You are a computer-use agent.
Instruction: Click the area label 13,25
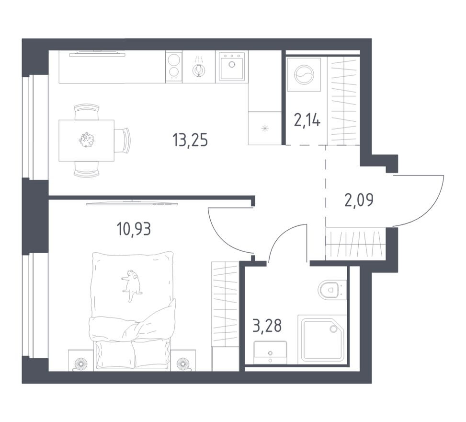[x=190, y=140]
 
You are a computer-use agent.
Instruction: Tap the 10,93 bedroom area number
[x=134, y=229]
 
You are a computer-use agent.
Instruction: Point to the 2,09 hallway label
[x=359, y=199]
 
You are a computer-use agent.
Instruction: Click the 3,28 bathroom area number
[x=267, y=327]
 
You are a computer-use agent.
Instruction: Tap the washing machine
[x=303, y=75]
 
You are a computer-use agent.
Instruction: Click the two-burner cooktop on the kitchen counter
[x=174, y=67]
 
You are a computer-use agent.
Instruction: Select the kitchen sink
[x=232, y=67]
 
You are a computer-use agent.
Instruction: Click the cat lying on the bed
[x=131, y=285]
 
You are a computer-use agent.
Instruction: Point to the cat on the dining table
[x=87, y=140]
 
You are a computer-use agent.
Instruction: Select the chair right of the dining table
[x=122, y=141]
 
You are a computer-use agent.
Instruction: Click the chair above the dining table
[x=87, y=112]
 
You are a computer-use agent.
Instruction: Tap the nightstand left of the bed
[x=80, y=361]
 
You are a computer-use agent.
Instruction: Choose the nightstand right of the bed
[x=183, y=361]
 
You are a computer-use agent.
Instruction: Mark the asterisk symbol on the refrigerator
[x=264, y=129]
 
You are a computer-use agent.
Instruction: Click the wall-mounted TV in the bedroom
[x=132, y=203]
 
